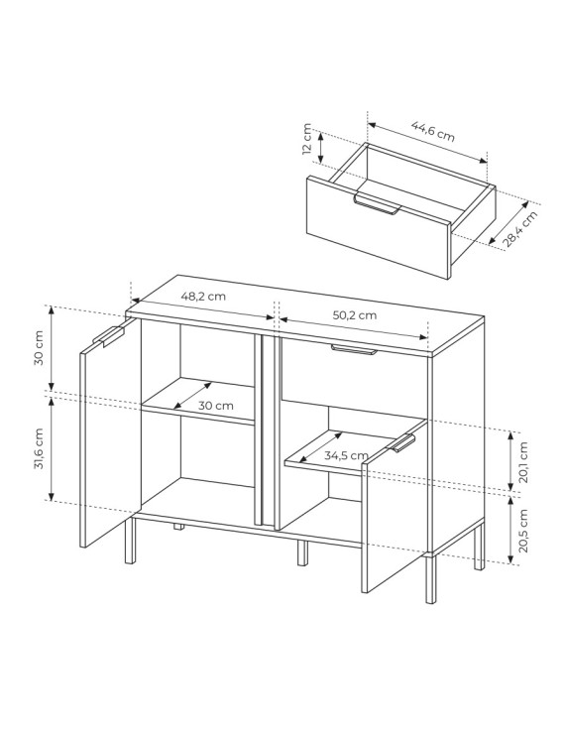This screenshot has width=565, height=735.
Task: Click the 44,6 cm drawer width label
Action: [x=432, y=131]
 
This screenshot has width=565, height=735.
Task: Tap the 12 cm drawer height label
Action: [x=307, y=139]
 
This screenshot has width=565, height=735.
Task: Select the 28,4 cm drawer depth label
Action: [x=519, y=229]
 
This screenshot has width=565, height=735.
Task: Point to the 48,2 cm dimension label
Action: [x=203, y=297]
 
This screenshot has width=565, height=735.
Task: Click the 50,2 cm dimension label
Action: [x=355, y=315]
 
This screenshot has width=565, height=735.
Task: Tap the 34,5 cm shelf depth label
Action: [x=346, y=455]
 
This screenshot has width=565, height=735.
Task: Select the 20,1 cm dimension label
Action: [x=523, y=462]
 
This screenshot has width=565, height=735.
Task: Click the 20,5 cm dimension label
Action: [x=523, y=530]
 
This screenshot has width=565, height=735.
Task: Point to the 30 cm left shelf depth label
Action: [x=215, y=406]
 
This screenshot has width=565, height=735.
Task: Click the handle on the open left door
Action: [x=109, y=336]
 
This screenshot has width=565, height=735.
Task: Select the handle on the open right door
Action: [x=402, y=443]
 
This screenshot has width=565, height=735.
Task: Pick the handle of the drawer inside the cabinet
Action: [x=353, y=350]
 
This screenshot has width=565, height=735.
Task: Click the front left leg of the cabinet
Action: [x=130, y=540]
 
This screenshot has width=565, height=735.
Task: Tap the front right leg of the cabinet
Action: [x=431, y=578]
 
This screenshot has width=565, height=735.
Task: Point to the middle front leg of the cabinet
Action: [x=302, y=552]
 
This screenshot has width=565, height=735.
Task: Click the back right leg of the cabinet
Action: [x=479, y=547]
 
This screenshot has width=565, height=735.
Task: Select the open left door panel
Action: [x=111, y=433]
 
